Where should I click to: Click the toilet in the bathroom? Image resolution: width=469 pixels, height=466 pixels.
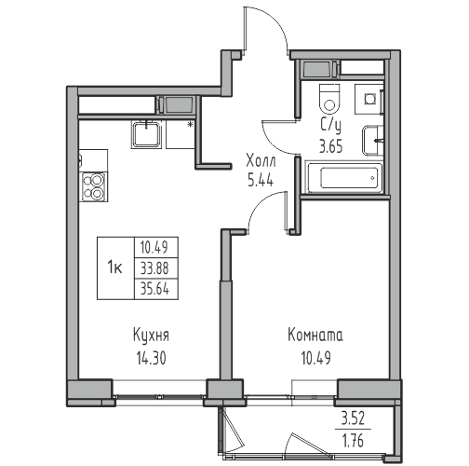[x=329, y=99]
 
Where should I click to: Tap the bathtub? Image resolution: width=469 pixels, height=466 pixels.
[x=344, y=177]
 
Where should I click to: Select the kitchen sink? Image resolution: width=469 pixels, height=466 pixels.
[x=147, y=135]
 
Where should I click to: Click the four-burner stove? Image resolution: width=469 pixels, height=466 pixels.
[x=94, y=187]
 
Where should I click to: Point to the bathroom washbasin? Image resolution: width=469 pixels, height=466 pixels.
[x=373, y=141]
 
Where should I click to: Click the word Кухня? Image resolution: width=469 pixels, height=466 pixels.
[x=151, y=336]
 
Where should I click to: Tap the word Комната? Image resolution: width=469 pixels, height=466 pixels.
[x=315, y=336]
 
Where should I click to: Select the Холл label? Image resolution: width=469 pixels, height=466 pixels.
[x=261, y=162]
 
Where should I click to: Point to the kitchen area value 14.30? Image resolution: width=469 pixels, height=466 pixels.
[x=151, y=358]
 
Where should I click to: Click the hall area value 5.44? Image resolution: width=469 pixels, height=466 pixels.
[x=261, y=180]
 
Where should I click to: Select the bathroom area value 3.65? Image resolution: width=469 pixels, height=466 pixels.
[x=331, y=146]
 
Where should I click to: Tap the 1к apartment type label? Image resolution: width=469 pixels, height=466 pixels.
[x=114, y=267]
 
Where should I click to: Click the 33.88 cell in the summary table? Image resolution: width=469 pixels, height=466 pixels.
[x=154, y=268]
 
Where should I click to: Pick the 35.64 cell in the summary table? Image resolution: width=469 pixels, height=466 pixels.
[x=154, y=289]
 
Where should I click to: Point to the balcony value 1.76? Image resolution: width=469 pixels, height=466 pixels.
[x=353, y=441]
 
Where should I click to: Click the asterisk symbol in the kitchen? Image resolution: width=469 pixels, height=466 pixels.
[x=190, y=125]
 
